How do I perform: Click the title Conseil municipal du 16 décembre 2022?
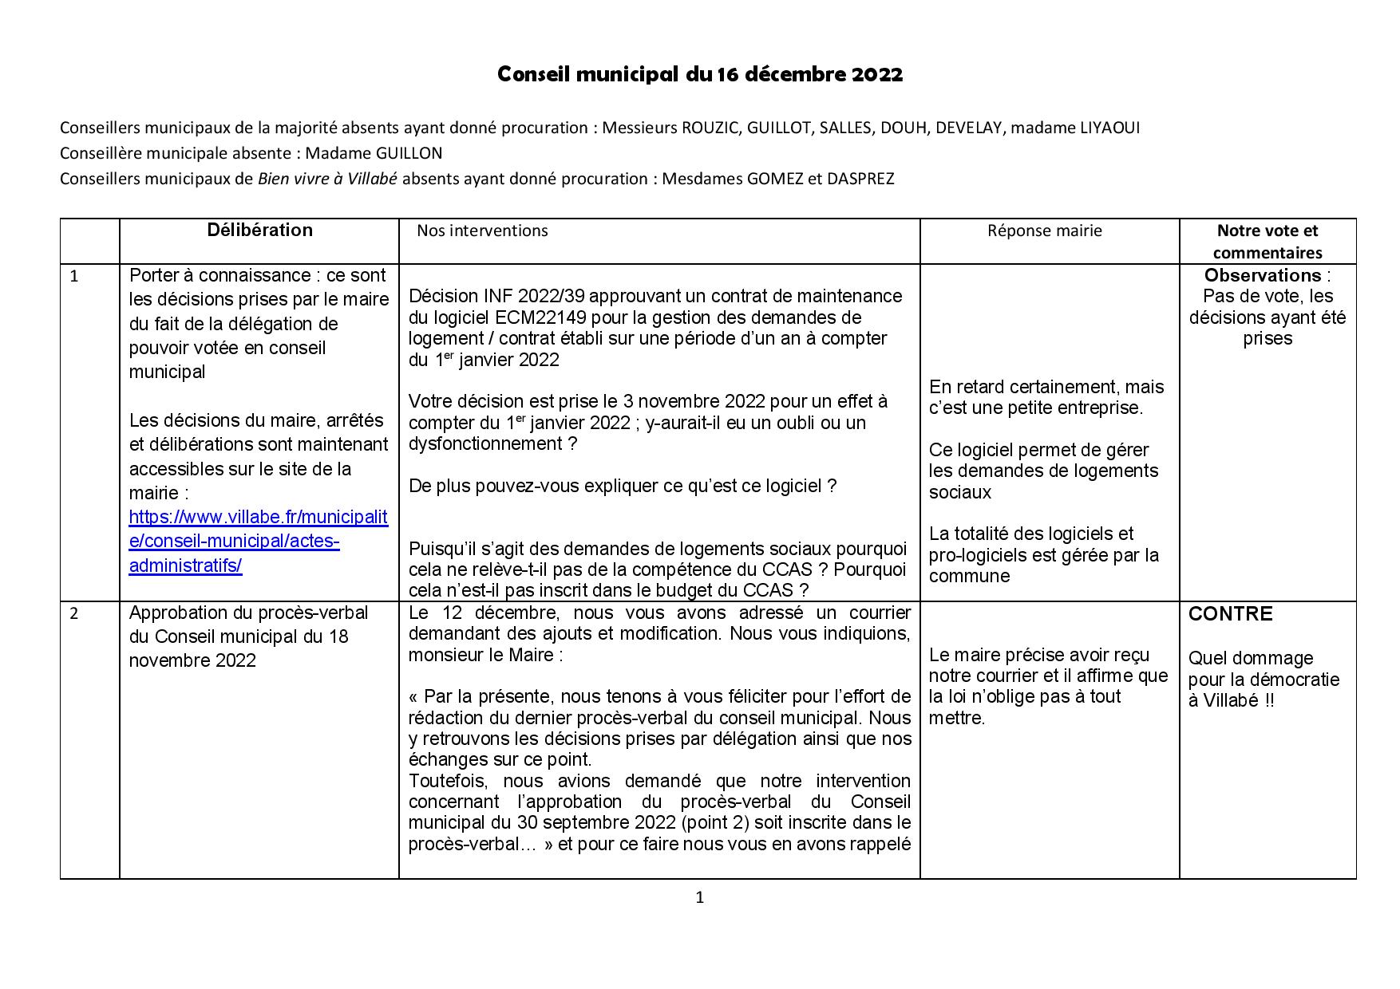700,74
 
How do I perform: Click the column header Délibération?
259,231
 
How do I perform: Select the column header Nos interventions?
482,231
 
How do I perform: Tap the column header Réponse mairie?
1044,231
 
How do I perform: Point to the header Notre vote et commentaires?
1267,242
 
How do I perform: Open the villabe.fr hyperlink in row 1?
258,542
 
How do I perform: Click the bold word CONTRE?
1230,614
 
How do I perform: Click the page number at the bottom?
700,898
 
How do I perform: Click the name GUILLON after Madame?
409,153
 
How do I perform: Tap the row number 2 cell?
75,613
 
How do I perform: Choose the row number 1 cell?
75,277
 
